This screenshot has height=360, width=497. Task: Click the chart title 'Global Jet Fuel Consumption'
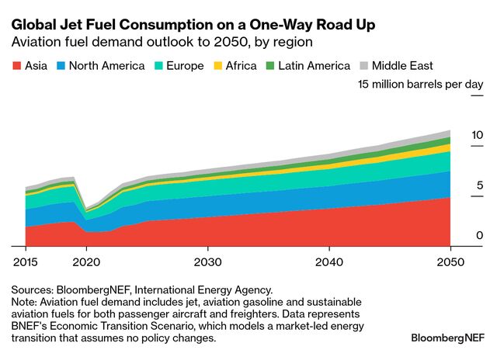193,25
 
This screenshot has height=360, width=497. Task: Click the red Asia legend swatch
16,66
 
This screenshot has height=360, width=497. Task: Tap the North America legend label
106,66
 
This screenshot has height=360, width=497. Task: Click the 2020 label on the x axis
86,261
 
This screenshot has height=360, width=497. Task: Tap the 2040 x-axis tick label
329,261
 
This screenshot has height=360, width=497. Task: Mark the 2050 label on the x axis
450,261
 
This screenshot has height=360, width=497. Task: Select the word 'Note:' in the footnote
26,302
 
